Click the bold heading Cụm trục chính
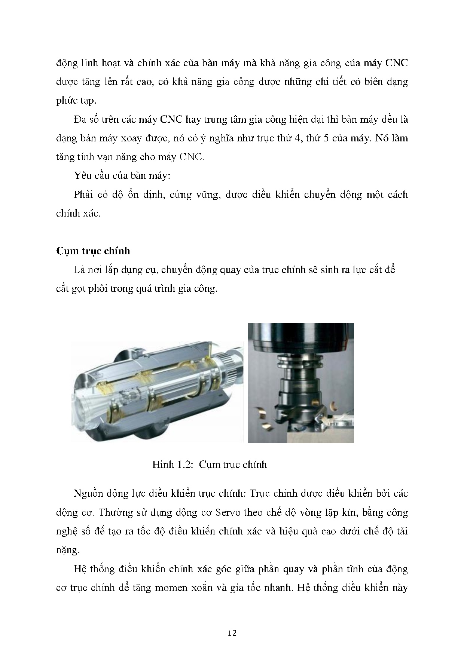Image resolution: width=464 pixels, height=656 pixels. point(93,251)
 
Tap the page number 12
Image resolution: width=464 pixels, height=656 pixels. point(232,633)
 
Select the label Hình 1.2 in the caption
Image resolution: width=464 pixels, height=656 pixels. point(172,465)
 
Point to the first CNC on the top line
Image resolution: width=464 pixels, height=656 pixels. point(396,63)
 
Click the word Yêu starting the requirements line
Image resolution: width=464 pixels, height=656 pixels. point(82,175)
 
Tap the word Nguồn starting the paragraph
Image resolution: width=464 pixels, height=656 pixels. point(88,493)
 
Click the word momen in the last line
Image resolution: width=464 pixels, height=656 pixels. point(173,588)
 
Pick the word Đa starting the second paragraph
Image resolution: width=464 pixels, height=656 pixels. point(80,119)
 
